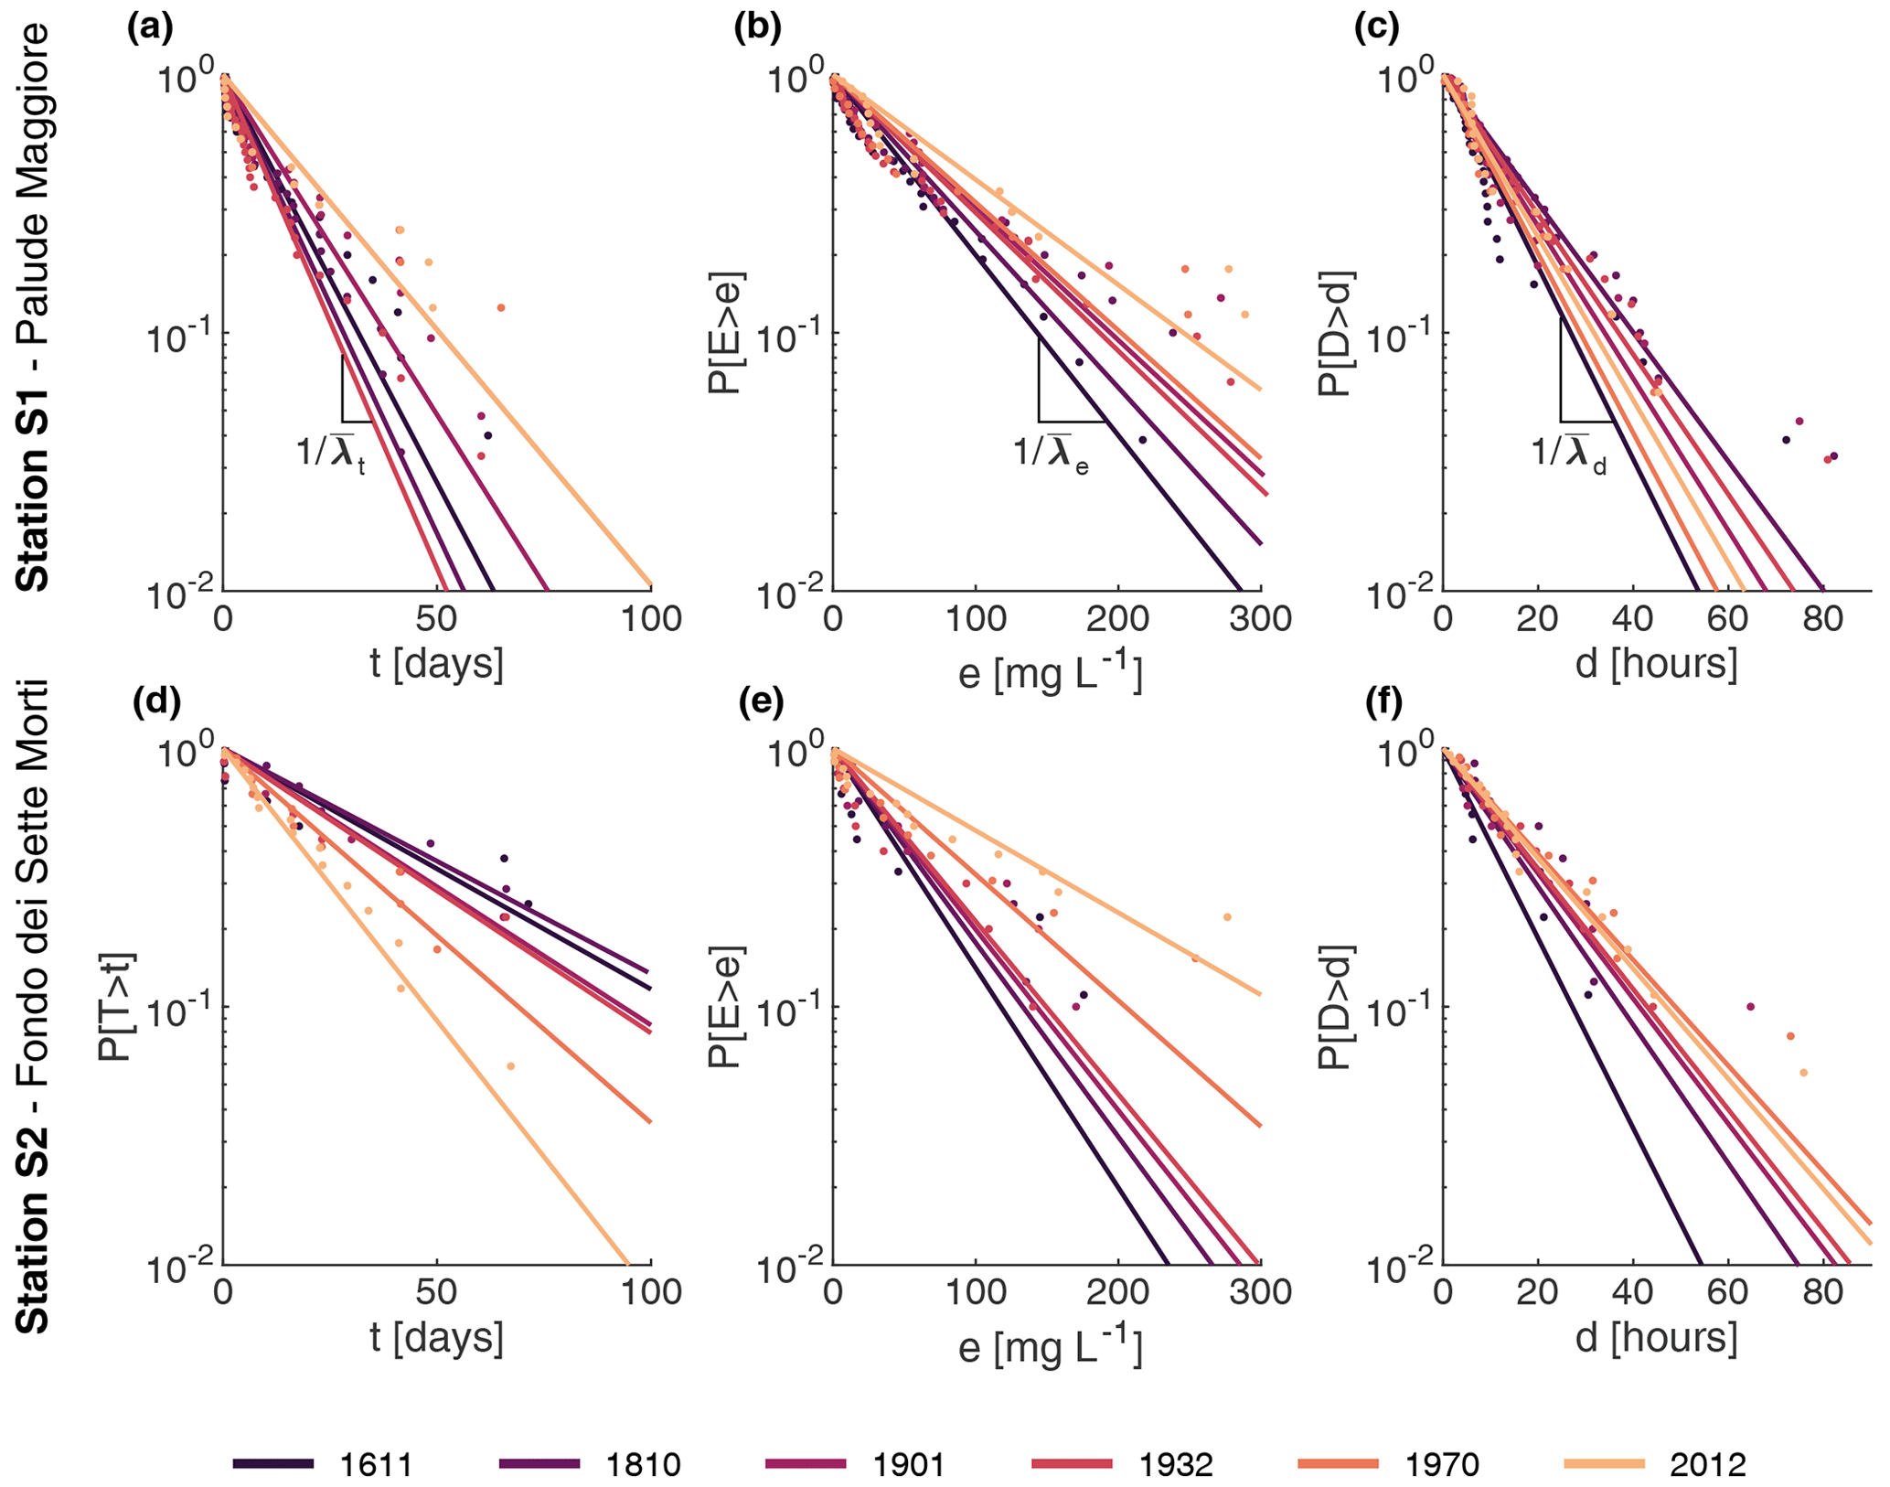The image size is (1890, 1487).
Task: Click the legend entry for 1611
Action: pyautogui.click(x=376, y=1464)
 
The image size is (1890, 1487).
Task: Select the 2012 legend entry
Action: pyautogui.click(x=1707, y=1464)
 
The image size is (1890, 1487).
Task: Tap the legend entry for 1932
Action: pyautogui.click(x=1175, y=1464)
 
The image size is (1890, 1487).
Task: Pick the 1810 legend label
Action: pyautogui.click(x=643, y=1464)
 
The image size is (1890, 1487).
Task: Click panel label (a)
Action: pyautogui.click(x=150, y=29)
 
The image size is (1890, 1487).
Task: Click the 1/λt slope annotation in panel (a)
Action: pyautogui.click(x=331, y=452)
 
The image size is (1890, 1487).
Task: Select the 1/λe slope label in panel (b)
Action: pyautogui.click(x=1051, y=452)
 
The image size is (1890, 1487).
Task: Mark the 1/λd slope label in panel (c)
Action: pyautogui.click(x=1569, y=452)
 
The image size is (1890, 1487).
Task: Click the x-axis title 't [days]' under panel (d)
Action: pyautogui.click(x=436, y=1337)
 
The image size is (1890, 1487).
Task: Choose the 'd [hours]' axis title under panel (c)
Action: pyautogui.click(x=1656, y=663)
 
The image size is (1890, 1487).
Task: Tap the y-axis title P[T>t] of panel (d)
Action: pyautogui.click(x=116, y=1006)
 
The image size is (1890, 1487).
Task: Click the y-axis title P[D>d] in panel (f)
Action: pyautogui.click(x=1334, y=1006)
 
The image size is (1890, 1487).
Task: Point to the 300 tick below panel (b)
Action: pyautogui.click(x=1261, y=619)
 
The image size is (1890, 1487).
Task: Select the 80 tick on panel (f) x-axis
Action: pyautogui.click(x=1822, y=1292)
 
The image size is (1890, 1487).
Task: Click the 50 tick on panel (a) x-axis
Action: pyautogui.click(x=436, y=619)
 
